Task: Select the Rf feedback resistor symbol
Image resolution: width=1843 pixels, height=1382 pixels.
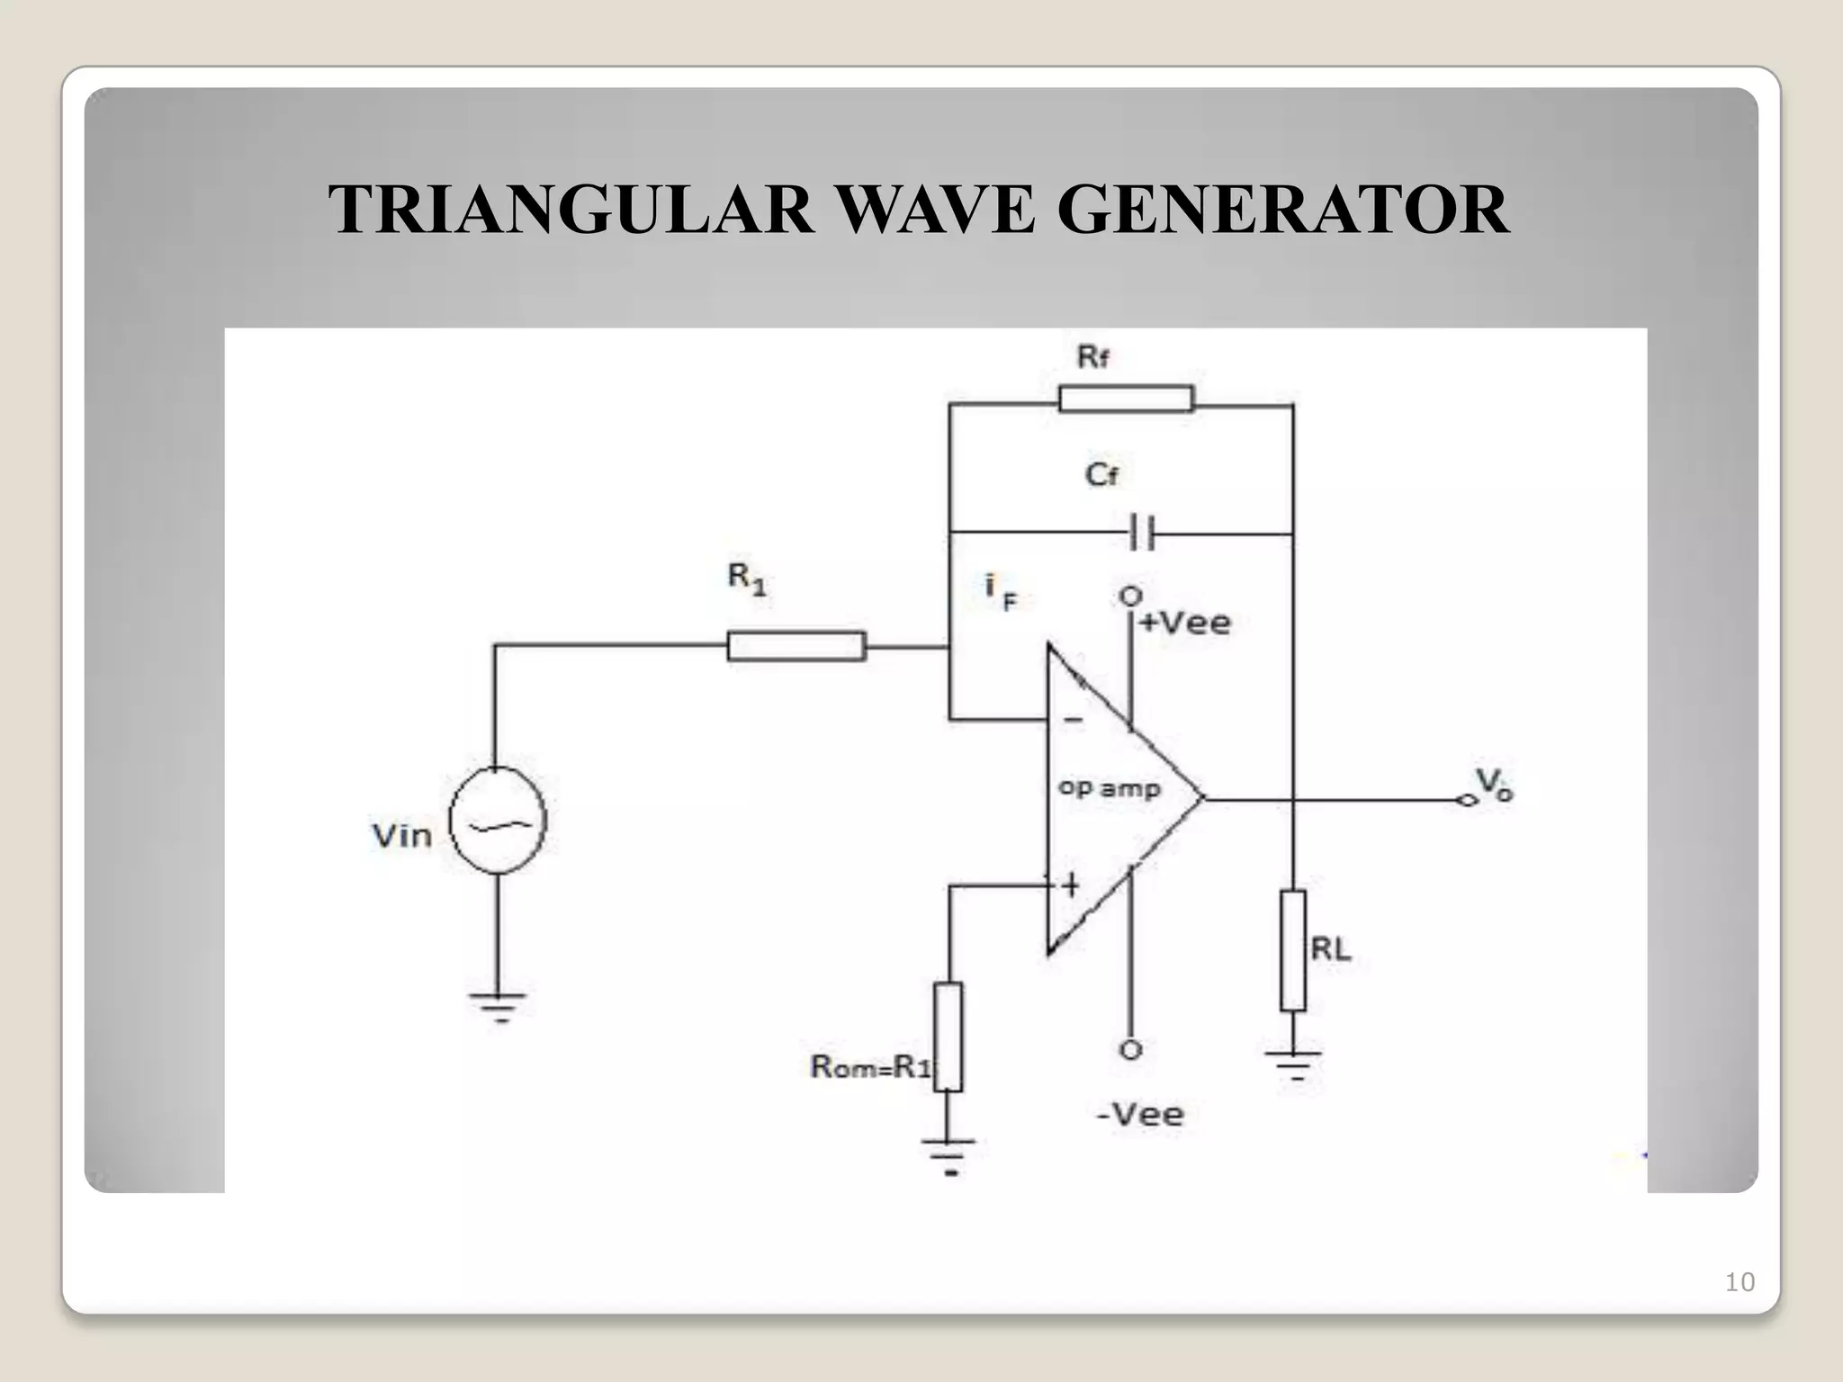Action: pos(1126,399)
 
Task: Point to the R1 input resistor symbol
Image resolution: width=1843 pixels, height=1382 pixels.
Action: pos(796,646)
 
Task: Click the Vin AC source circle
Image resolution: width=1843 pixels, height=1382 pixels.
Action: pos(498,820)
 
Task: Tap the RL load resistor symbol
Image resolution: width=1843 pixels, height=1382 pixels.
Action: pos(1293,951)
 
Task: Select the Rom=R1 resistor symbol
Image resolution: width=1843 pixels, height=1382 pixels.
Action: pos(948,1036)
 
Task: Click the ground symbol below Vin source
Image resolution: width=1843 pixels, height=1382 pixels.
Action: pos(498,1005)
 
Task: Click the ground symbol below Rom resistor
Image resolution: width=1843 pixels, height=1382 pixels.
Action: pos(948,1154)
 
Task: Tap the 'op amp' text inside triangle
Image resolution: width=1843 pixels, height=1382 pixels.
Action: pos(1109,788)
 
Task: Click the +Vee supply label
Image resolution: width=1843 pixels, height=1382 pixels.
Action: pos(1185,623)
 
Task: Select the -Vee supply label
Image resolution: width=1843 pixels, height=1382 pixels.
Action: pos(1140,1115)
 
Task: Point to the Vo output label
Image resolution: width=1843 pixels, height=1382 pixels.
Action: pos(1495,785)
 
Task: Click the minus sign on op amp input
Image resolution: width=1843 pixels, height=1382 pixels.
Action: pos(1073,720)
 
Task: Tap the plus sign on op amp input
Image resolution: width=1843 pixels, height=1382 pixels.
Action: pos(1070,886)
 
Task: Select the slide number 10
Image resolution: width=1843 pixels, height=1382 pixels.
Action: pos(1739,1282)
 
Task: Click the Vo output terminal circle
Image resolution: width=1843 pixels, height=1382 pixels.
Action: pos(1467,800)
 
